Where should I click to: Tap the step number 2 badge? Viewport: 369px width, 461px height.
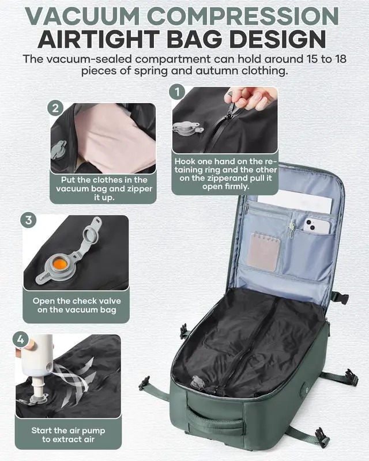pyautogui.click(x=56, y=108)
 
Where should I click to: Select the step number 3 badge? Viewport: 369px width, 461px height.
pyautogui.click(x=29, y=221)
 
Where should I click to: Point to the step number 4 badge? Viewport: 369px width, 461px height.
pyautogui.click(x=21, y=339)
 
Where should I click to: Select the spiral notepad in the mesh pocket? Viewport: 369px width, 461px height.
pyautogui.click(x=263, y=250)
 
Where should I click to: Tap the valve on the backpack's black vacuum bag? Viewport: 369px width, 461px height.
pyautogui.click(x=198, y=383)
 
